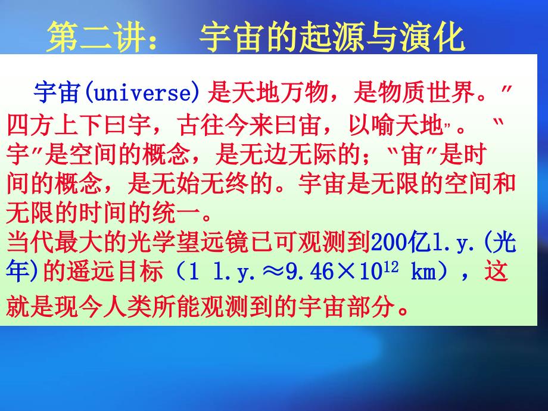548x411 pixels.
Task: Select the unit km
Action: pos(424,273)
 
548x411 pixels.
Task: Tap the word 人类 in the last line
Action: pos(147,307)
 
